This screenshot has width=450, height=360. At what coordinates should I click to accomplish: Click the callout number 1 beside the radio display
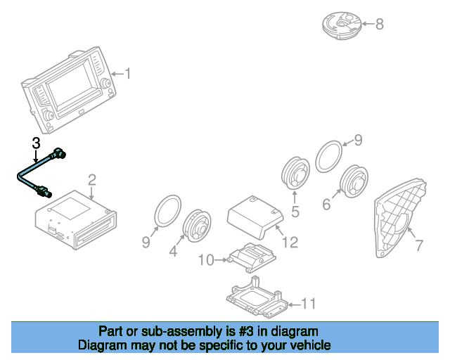(128, 74)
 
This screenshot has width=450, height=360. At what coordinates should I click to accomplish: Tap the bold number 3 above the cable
(36, 143)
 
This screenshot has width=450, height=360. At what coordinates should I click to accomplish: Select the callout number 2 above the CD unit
(92, 180)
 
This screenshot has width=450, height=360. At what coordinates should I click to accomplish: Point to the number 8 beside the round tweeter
(380, 24)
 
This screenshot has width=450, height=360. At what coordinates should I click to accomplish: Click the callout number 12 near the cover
(290, 242)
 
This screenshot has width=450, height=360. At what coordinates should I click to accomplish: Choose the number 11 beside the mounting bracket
(309, 304)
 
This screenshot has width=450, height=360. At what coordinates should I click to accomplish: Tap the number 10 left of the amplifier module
(206, 260)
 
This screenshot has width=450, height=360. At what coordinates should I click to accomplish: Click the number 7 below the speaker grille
(419, 245)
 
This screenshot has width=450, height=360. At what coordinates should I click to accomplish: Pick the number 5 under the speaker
(295, 212)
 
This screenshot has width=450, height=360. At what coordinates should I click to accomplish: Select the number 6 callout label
(326, 205)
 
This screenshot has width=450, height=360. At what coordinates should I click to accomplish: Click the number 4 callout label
(173, 251)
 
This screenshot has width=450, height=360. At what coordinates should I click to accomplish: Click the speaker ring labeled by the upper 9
(329, 157)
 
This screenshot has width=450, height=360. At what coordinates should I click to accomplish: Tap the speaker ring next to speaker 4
(168, 211)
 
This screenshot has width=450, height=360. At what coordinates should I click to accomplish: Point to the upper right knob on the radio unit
(105, 83)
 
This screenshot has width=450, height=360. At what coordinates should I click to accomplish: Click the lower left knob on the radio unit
(48, 115)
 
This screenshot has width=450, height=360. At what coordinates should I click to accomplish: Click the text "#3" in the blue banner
(246, 332)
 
